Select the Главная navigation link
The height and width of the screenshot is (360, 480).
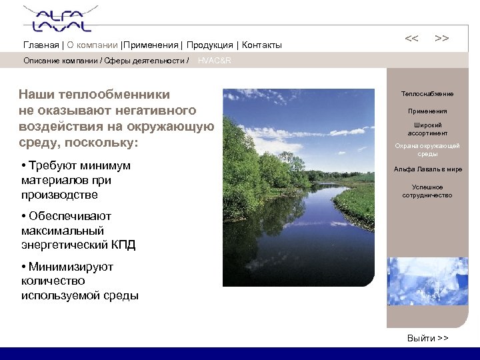tap(41, 45)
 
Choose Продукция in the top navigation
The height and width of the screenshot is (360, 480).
tap(209, 45)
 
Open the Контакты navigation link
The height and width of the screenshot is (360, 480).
tap(261, 45)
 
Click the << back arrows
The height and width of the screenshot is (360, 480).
tap(412, 39)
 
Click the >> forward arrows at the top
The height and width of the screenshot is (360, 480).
tap(441, 39)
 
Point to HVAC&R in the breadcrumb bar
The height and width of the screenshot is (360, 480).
tap(215, 61)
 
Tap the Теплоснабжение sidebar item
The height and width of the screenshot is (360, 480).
tap(427, 94)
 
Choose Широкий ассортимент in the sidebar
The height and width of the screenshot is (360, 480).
tap(427, 129)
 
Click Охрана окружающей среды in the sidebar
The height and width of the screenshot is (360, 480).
tap(427, 150)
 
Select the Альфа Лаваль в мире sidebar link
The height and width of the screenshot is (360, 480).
tap(427, 169)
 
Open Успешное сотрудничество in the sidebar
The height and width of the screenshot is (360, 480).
tap(427, 191)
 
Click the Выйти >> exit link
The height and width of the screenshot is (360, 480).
tap(427, 338)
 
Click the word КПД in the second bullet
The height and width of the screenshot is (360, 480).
tap(123, 245)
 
